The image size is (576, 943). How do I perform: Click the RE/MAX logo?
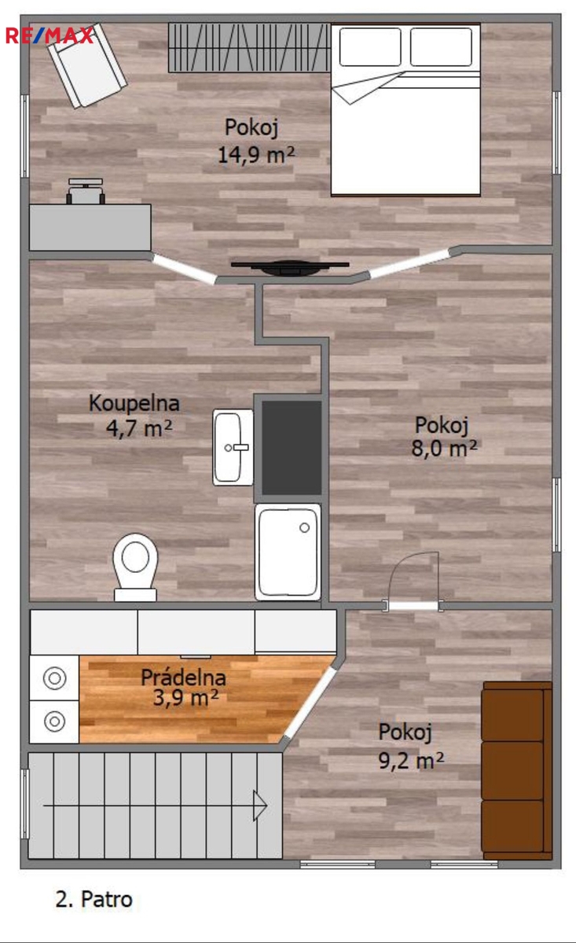pyautogui.click(x=50, y=35)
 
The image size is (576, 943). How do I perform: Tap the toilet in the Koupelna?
pyautogui.click(x=135, y=567)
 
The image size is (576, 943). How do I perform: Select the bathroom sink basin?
pyautogui.click(x=233, y=447)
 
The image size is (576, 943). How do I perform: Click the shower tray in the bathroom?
pyautogui.click(x=288, y=552)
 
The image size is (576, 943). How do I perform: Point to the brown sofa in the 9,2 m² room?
pyautogui.click(x=516, y=770)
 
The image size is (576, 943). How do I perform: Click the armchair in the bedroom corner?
pyautogui.click(x=86, y=66)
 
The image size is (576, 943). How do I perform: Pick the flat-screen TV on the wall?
pyautogui.click(x=290, y=268)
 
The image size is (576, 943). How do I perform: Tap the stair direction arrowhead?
pyautogui.click(x=260, y=805)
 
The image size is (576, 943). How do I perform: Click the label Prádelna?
pyautogui.click(x=183, y=677)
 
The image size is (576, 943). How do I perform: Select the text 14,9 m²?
pyautogui.click(x=256, y=155)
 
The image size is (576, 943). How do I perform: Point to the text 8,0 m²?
pyautogui.click(x=444, y=448)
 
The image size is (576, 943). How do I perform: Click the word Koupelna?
pyautogui.click(x=134, y=403)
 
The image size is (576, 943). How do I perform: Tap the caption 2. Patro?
pyautogui.click(x=94, y=899)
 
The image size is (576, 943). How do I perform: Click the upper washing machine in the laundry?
pyautogui.click(x=54, y=678)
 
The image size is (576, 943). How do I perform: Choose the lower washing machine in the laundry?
pyautogui.click(x=54, y=721)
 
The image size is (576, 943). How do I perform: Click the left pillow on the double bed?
pyautogui.click(x=370, y=46)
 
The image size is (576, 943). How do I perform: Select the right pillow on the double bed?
pyautogui.click(x=441, y=46)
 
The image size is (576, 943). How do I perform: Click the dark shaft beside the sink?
pyautogui.click(x=292, y=448)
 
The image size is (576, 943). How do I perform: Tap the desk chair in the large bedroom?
pyautogui.click(x=86, y=191)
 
